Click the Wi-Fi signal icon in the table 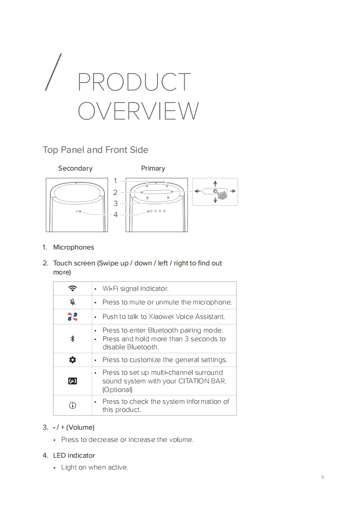73,288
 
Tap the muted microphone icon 73,302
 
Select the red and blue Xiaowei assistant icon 73,317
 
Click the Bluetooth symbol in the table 73,338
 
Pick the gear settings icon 73,360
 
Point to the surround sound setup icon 73,381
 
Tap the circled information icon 73,405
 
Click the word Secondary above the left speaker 75,168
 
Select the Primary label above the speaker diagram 153,168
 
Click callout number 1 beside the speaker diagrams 115,181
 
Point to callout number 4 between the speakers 115,215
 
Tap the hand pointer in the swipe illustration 222,195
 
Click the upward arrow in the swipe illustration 215,184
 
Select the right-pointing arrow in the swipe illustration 232,191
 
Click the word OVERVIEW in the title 138,111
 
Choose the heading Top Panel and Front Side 95,150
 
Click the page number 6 323,477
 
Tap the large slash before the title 53,72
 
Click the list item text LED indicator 74,455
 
